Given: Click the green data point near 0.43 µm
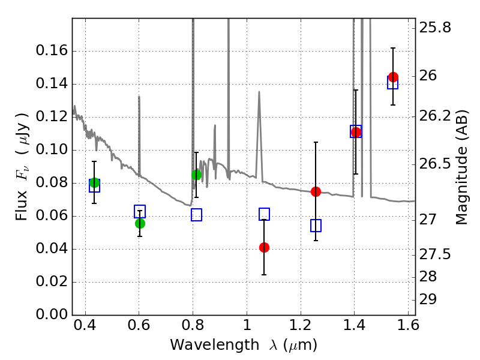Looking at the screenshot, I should click(x=94, y=183).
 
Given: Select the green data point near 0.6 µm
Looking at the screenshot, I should click(x=140, y=223).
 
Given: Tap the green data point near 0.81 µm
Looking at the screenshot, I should click(x=196, y=175).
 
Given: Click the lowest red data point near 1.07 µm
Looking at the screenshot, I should click(x=264, y=247).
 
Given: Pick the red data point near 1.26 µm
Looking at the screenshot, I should click(x=316, y=191).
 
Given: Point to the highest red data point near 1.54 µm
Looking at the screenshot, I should click(x=393, y=77).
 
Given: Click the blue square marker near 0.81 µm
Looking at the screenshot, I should click(x=196, y=215).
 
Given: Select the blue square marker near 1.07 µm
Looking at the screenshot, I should click(x=264, y=214).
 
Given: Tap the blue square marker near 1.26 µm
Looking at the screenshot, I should click(x=316, y=226).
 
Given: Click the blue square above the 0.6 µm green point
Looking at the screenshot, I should click(x=140, y=211).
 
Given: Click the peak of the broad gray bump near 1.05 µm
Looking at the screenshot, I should click(x=259, y=92).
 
